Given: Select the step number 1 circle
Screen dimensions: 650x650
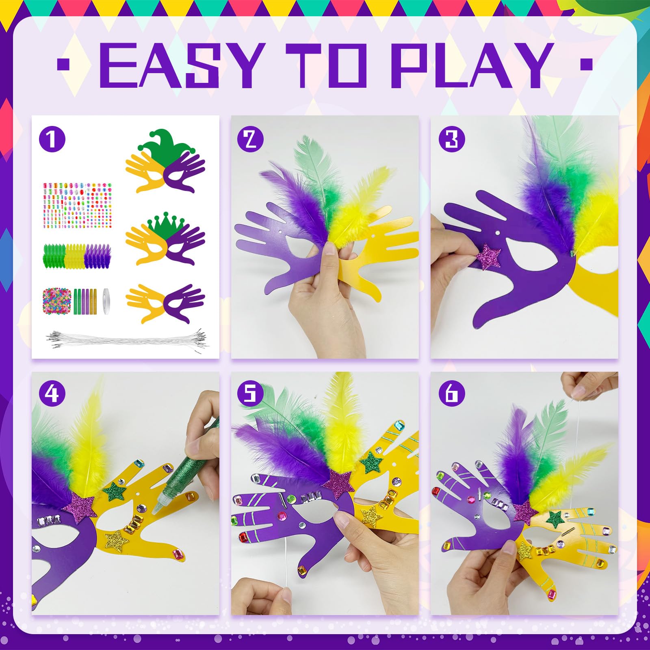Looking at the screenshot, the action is click(52, 139).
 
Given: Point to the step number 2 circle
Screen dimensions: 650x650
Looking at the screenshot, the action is click(250, 139).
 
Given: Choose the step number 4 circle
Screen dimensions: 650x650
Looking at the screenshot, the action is click(52, 393).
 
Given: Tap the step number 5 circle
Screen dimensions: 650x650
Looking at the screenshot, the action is click(250, 393).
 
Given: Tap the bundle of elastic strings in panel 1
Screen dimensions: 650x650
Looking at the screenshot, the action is click(127, 338).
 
